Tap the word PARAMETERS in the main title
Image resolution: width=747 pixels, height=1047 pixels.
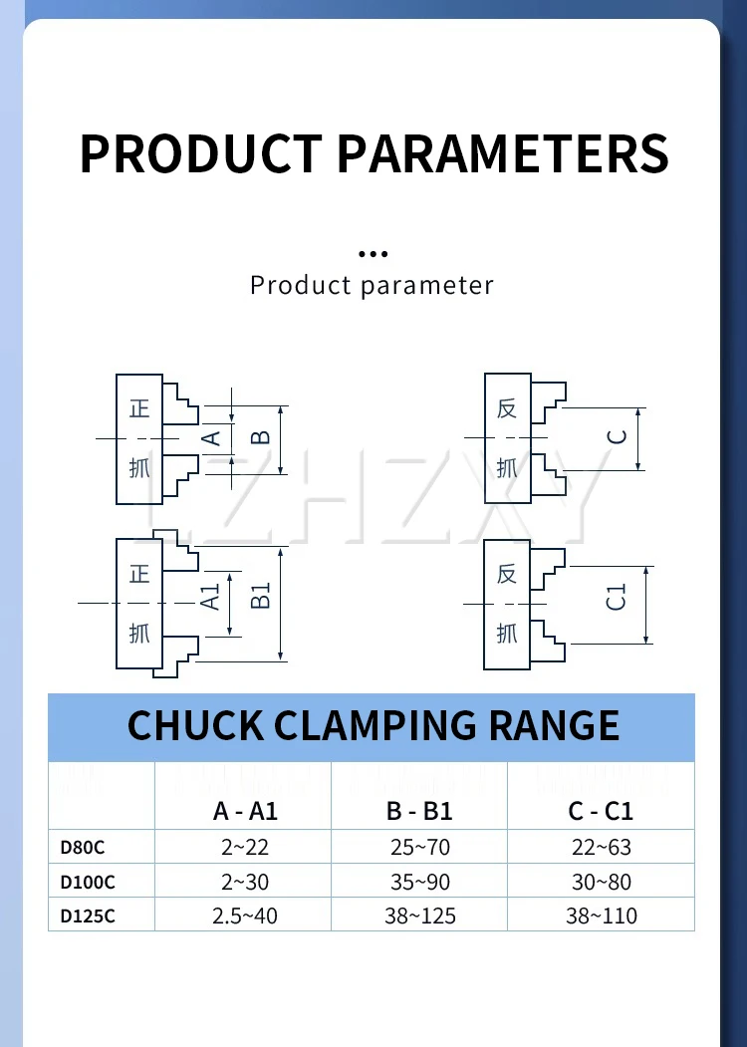[503, 153]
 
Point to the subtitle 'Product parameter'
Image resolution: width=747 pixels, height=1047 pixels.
[372, 286]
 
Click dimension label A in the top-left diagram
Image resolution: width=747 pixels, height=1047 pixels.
[210, 438]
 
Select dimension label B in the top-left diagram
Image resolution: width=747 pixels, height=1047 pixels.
[258, 438]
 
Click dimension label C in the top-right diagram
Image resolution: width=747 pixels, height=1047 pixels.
[618, 436]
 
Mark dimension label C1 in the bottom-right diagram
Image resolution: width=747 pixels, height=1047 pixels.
[618, 598]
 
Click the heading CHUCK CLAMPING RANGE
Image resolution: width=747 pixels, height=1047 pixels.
[373, 725]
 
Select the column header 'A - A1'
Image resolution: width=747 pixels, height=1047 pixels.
[245, 811]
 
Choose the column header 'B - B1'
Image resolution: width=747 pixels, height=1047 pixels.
[419, 811]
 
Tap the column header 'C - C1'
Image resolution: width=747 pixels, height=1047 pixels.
[601, 811]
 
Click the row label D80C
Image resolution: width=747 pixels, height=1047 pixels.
[83, 848]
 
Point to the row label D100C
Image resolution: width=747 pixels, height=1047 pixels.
[88, 882]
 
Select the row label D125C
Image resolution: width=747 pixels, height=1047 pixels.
[88, 916]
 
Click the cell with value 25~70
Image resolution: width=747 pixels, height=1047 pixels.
[419, 848]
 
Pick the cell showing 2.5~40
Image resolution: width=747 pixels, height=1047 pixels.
[245, 916]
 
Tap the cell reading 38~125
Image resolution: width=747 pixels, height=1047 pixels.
[419, 916]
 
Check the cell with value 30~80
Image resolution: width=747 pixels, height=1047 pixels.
[601, 882]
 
